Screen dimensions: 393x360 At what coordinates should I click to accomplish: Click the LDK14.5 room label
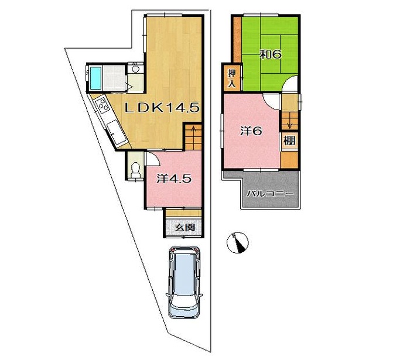162,108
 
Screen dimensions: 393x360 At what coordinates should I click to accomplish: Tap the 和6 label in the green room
270,54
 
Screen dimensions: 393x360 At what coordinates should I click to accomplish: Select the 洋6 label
251,131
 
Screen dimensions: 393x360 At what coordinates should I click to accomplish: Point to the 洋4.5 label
174,179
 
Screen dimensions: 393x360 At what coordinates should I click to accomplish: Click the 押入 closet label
232,78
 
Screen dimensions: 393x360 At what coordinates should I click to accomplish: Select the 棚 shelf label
289,141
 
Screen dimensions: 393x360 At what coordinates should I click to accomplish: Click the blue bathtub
95,78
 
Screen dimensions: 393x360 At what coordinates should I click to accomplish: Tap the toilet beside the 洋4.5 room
136,169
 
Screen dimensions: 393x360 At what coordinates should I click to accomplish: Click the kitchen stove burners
102,105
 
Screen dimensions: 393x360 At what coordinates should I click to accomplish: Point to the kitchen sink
117,133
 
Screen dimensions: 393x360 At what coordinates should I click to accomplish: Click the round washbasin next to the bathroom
136,68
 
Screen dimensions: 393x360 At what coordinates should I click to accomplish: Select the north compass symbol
237,243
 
